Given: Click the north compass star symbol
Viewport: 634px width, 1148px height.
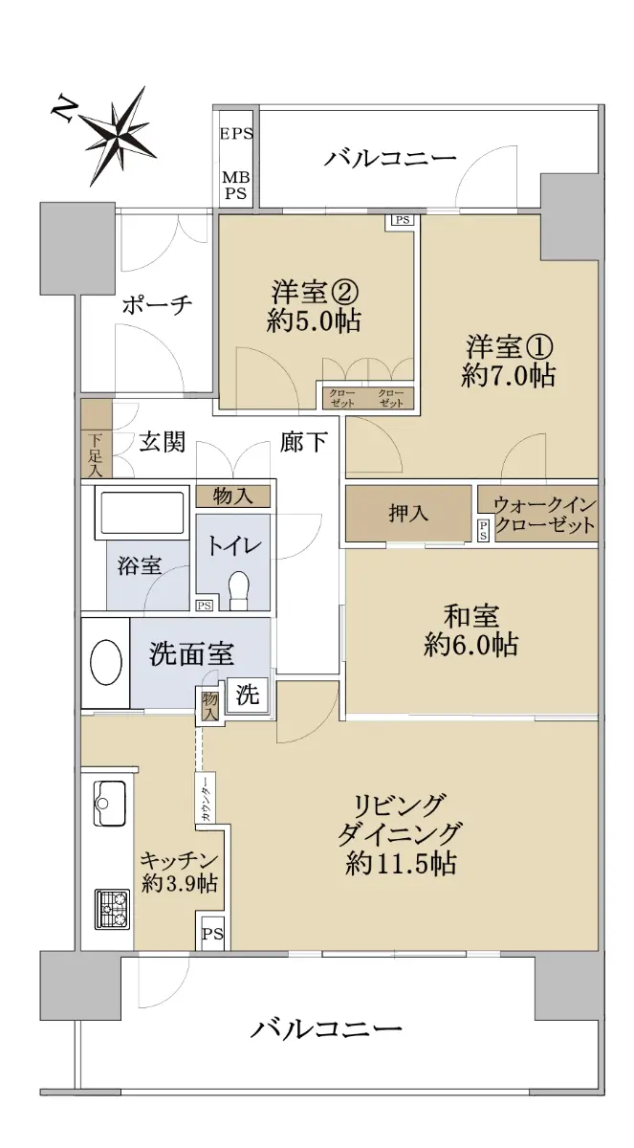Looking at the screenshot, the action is [119, 135].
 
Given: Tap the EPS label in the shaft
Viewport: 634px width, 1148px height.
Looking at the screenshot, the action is [236, 134].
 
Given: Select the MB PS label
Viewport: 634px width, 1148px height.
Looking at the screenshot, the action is [235, 186].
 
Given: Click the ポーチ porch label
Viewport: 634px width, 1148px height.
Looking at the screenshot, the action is [157, 306].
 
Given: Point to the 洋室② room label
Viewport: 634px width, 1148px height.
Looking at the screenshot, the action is [315, 293].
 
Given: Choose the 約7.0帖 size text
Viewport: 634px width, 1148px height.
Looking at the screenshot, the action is [508, 377].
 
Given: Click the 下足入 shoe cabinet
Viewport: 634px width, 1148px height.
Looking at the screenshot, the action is [97, 439].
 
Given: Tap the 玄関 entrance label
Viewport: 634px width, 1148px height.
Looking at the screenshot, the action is [163, 442].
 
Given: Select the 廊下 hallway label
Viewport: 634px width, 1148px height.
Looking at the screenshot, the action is [304, 442].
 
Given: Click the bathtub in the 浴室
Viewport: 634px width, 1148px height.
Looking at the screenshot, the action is [142, 513].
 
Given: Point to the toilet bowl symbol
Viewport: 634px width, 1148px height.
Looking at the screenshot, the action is [239, 590].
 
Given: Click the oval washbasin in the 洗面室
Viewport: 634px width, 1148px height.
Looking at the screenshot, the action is [106, 662].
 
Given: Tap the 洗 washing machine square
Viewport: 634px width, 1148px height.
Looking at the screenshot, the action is [247, 695].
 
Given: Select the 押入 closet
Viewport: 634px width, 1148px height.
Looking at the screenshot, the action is [408, 513].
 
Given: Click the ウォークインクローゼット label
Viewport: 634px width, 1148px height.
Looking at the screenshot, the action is [545, 515].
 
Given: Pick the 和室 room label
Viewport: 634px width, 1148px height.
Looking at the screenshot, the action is [471, 615].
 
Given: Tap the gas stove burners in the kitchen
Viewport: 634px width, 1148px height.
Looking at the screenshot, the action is [112, 908].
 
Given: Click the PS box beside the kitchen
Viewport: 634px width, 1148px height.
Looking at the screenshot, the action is [212, 934].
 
